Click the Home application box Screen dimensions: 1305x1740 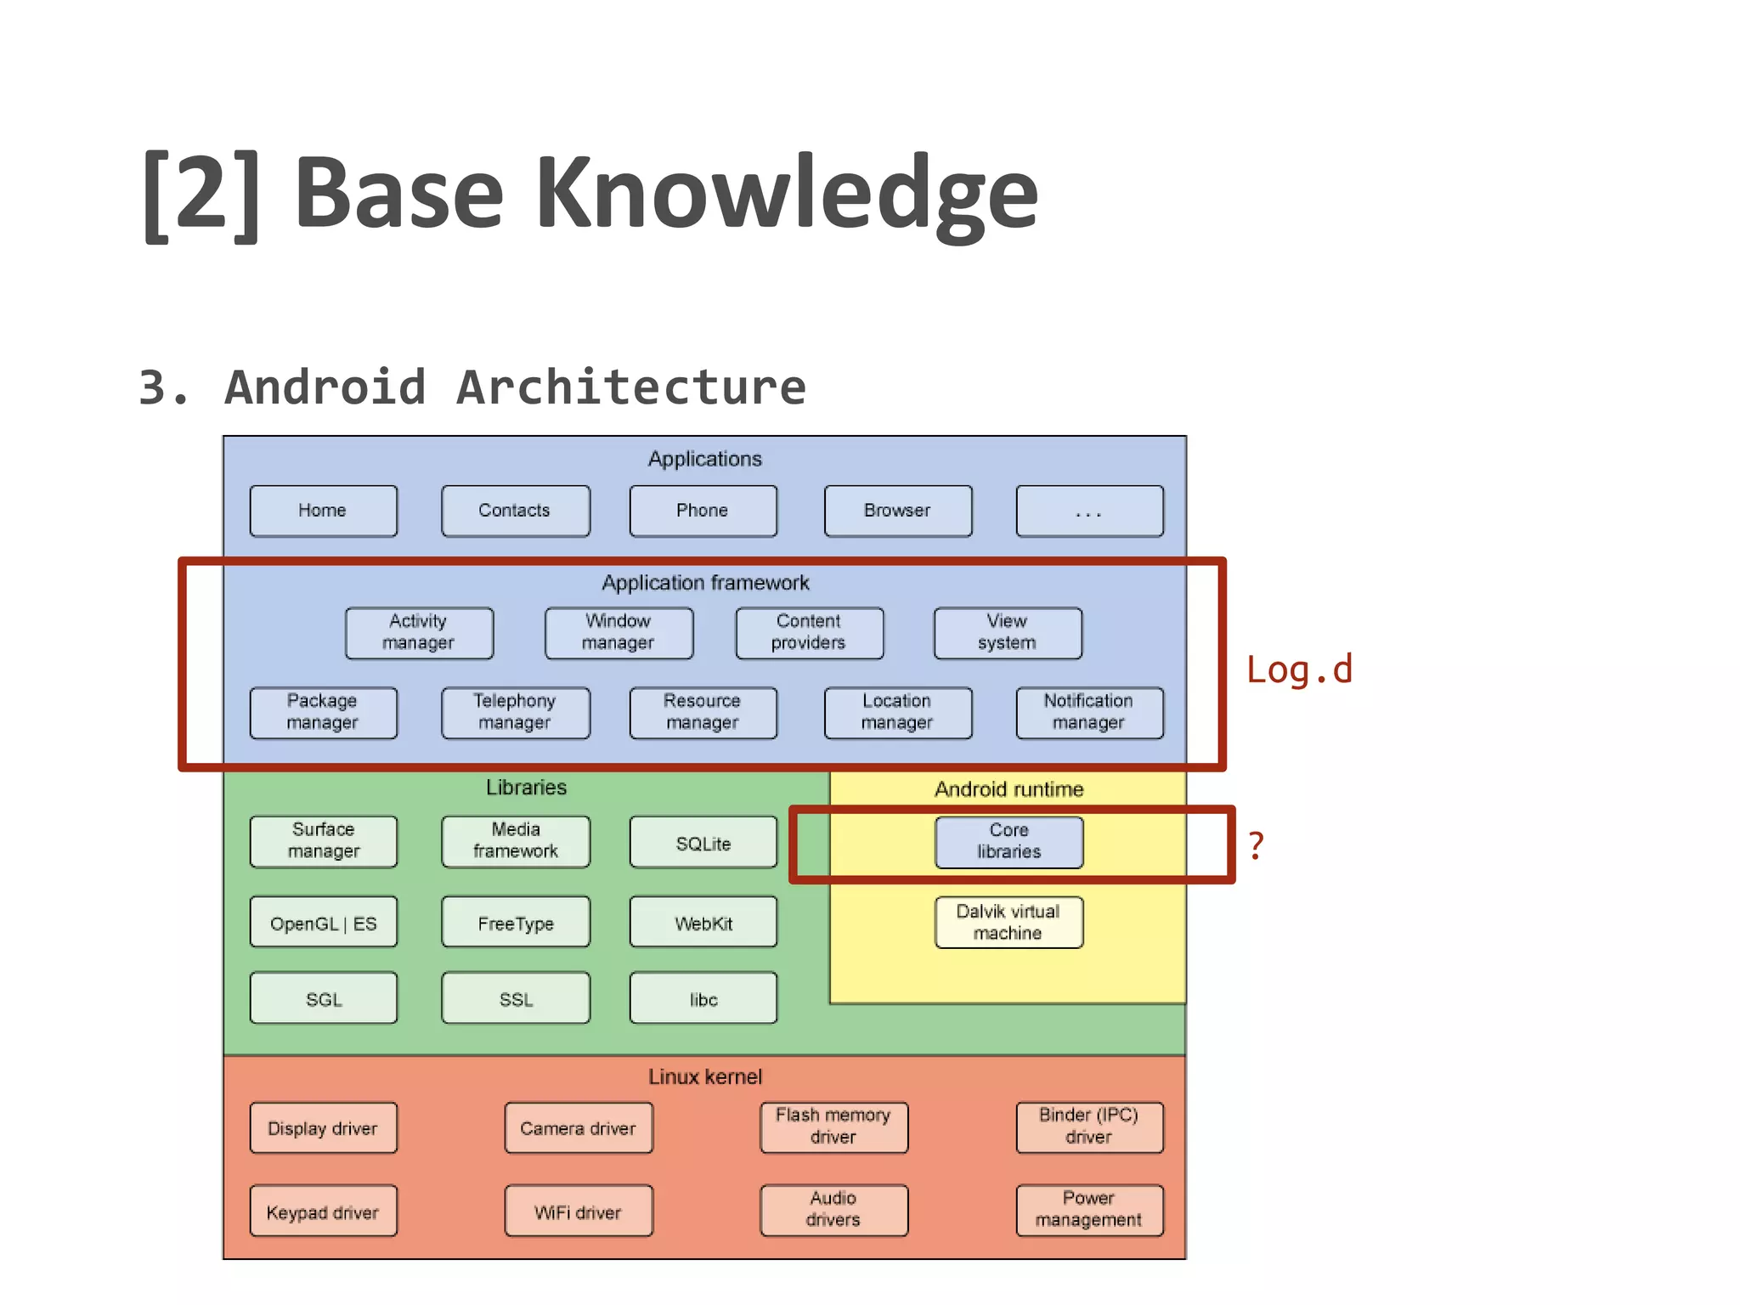coord(323,511)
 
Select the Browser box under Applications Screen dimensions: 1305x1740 coord(897,511)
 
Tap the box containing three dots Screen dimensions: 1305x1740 coord(1089,511)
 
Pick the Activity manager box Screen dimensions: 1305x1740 coord(419,633)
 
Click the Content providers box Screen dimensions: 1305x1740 coord(809,633)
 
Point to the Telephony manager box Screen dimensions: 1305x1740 coord(515,713)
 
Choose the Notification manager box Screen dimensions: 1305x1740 coord(1089,713)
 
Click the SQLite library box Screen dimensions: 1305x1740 coord(703,843)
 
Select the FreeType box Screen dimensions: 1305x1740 coord(515,923)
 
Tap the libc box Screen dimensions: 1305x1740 coord(703,998)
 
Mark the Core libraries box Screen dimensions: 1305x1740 coord(1008,842)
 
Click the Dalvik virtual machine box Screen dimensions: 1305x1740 coord(1008,923)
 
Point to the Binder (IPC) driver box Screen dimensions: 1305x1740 coord(1089,1127)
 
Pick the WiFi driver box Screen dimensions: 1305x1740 coord(578,1212)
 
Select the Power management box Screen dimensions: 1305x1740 coord(1089,1210)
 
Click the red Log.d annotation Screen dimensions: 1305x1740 coord(1298,670)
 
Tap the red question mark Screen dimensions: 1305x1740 coord(1256,846)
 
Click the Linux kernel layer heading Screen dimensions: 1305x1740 coord(705,1077)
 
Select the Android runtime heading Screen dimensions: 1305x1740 coord(1008,789)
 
